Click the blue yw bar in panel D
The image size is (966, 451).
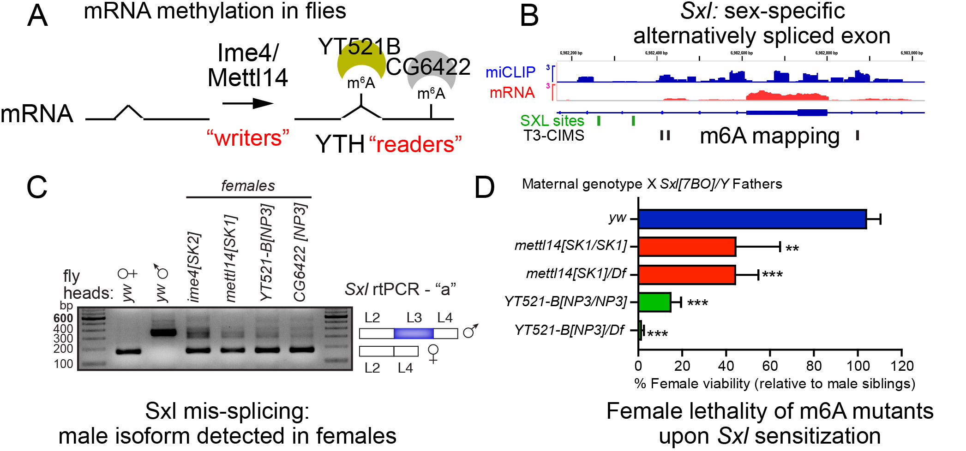click(752, 219)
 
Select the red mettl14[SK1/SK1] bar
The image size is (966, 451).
click(687, 247)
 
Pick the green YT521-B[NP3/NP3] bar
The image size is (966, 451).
click(654, 302)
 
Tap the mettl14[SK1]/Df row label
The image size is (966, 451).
click(576, 273)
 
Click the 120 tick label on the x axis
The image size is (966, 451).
click(902, 366)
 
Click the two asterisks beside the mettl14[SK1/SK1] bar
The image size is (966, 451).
click(792, 249)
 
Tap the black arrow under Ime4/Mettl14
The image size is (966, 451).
click(248, 103)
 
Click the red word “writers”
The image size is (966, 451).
click(248, 138)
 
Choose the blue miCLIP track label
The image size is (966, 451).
click(510, 72)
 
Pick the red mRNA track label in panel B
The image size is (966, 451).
click(512, 93)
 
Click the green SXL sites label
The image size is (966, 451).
click(552, 121)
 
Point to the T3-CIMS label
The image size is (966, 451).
click(553, 136)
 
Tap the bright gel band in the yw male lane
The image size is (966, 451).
click(163, 332)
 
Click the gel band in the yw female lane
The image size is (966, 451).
click(128, 351)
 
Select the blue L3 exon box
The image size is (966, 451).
click(414, 333)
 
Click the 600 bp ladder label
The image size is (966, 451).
click(63, 318)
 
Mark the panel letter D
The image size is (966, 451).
click(484, 187)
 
